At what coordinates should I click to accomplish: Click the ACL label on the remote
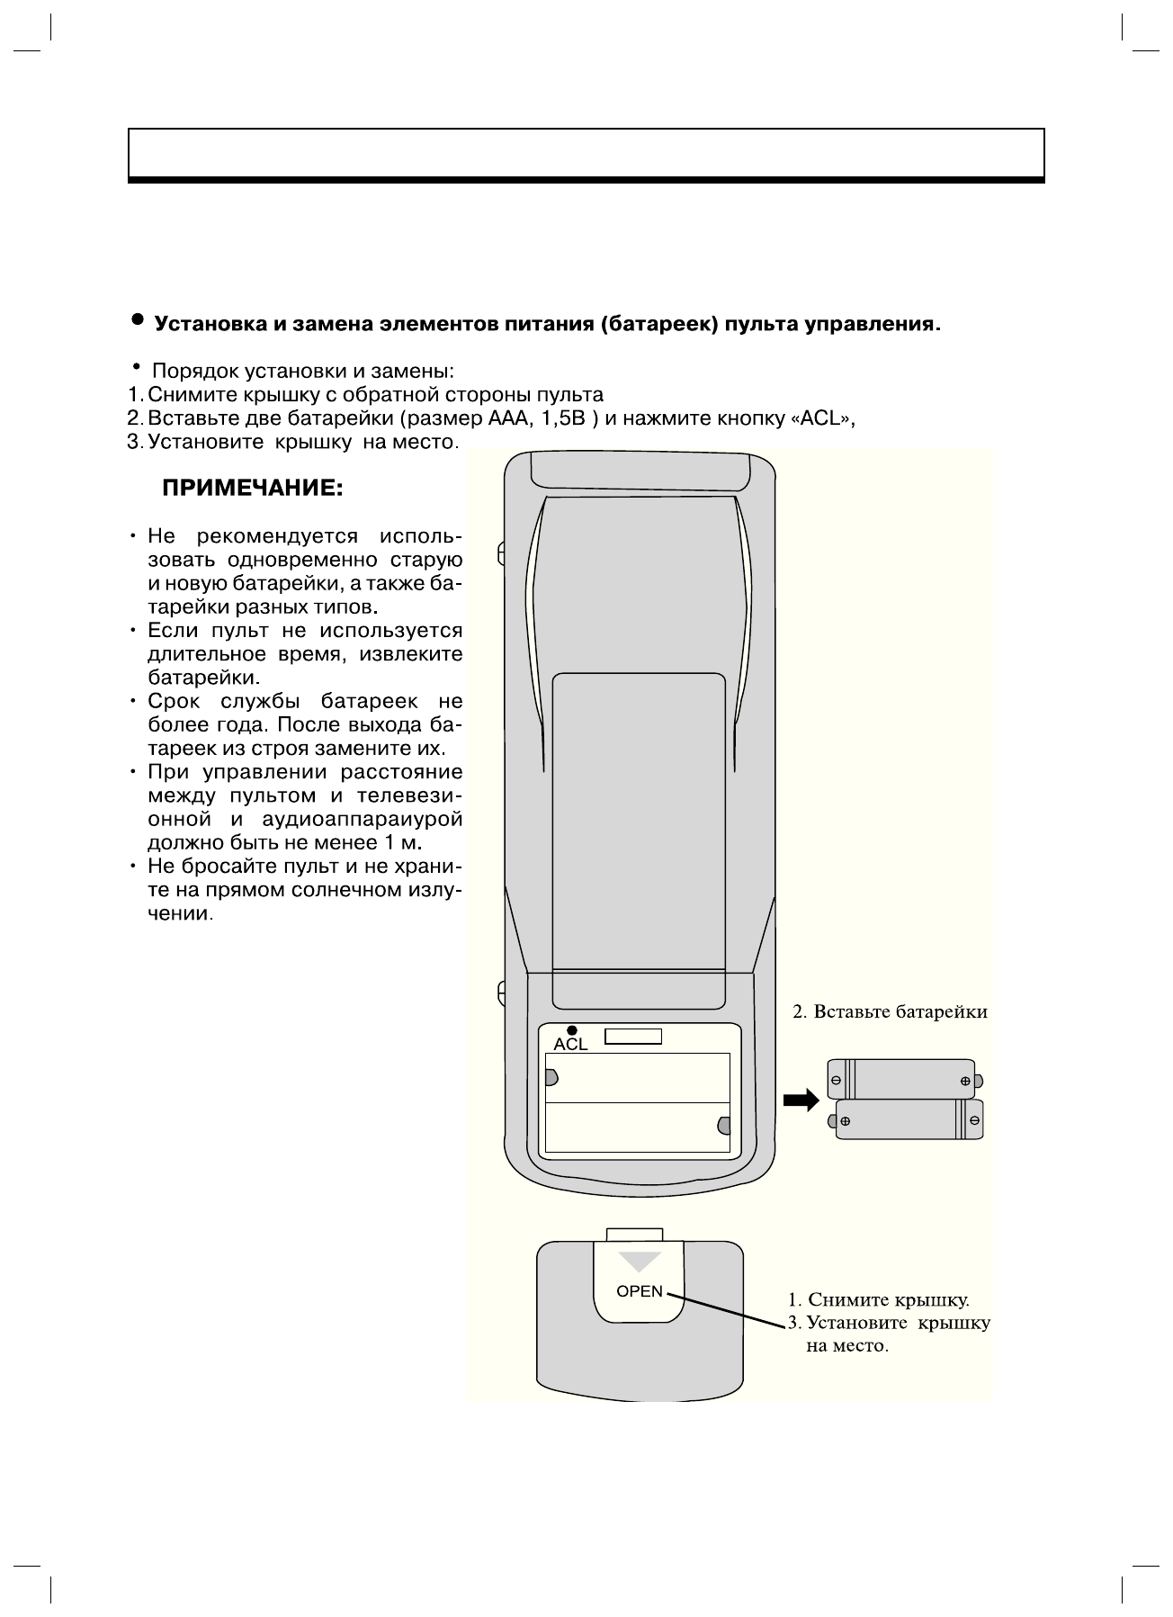(570, 1045)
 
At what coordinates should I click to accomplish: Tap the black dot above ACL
(572, 1030)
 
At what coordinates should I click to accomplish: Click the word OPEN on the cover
(640, 1291)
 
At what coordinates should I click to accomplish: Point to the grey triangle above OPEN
(640, 1261)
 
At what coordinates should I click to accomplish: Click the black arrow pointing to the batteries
(801, 1100)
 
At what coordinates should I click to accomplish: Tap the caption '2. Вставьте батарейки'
(890, 1012)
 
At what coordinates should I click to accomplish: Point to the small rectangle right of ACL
(633, 1037)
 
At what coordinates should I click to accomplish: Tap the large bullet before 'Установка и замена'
(137, 320)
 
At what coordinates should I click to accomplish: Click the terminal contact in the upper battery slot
(551, 1077)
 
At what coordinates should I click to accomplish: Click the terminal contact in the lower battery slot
(724, 1125)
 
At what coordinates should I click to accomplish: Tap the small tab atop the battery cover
(635, 1234)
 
